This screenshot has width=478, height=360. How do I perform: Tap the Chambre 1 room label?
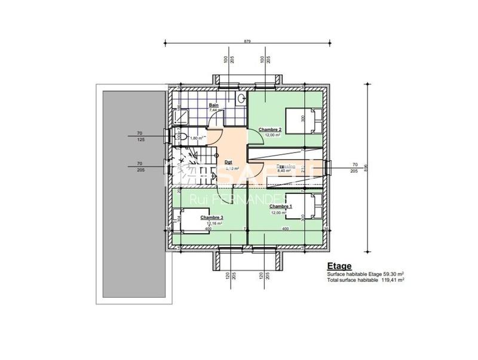click(x=280, y=206)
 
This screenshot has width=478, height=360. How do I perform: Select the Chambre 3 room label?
click(x=212, y=218)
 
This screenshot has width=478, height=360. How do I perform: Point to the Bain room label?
click(x=213, y=105)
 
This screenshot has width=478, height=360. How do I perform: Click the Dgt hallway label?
click(x=228, y=162)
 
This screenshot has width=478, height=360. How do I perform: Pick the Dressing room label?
click(x=286, y=167)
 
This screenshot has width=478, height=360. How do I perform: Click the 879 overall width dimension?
click(x=247, y=41)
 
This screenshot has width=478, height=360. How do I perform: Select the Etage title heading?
click(x=339, y=267)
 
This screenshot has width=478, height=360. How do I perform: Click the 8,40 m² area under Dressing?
click(x=286, y=172)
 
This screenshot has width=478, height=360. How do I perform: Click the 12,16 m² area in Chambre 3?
click(x=213, y=223)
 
